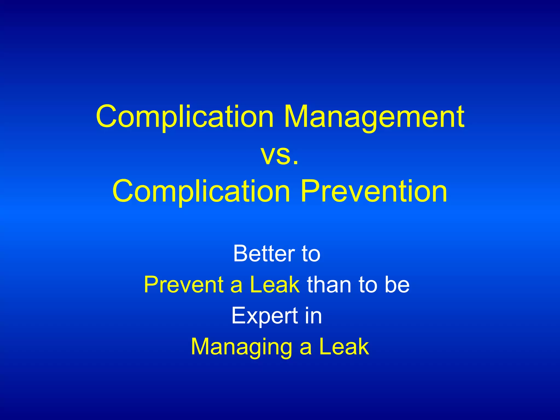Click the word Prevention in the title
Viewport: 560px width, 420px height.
click(x=374, y=191)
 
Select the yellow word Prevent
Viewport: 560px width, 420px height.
click(x=183, y=285)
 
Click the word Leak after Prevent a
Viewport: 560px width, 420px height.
click(x=275, y=285)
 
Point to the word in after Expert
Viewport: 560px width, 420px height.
click(x=313, y=316)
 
